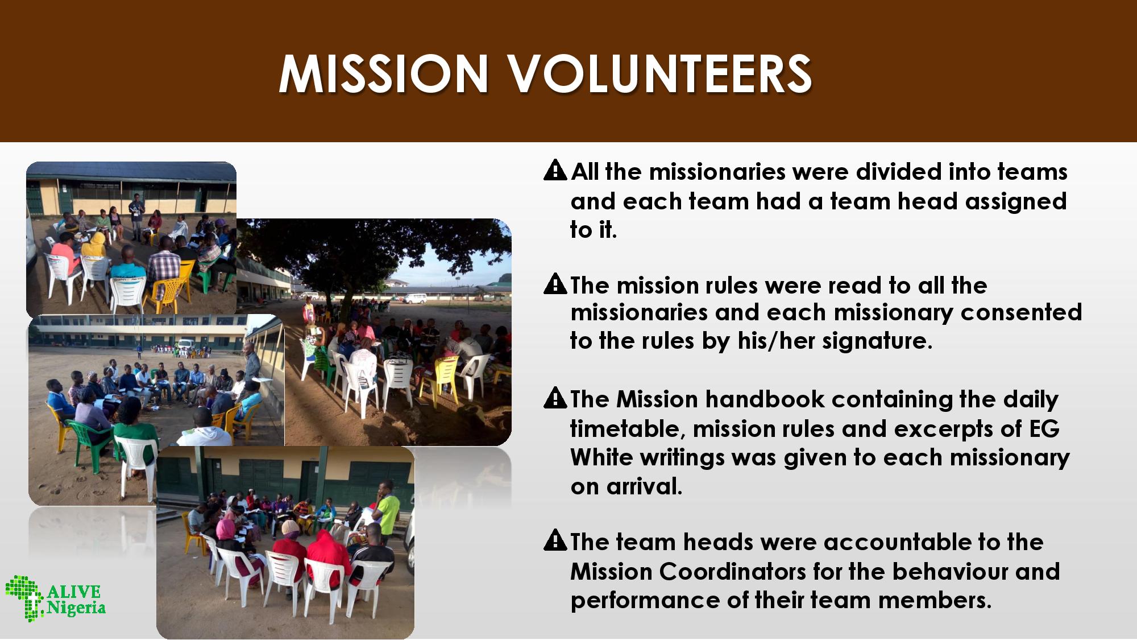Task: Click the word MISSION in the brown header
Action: pyautogui.click(x=384, y=74)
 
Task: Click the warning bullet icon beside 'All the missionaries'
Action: pyautogui.click(x=555, y=170)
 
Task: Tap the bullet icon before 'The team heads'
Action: pyautogui.click(x=555, y=540)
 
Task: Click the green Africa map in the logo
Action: pyautogui.click(x=24, y=597)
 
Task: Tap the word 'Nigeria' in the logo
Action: pyautogui.click(x=76, y=608)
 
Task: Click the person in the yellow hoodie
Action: pyautogui.click(x=94, y=246)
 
